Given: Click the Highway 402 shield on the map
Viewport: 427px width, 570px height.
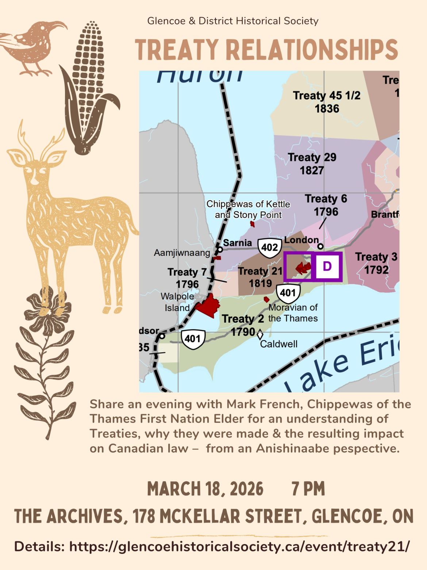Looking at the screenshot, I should (270, 248).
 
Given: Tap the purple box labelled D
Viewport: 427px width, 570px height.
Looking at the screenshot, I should (327, 266).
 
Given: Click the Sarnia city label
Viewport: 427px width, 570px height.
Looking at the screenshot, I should (237, 243).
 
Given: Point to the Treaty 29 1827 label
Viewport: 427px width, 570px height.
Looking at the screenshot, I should (312, 164).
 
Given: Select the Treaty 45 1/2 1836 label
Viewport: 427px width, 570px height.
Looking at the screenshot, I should (327, 102).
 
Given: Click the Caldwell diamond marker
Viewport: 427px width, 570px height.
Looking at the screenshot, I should (260, 335).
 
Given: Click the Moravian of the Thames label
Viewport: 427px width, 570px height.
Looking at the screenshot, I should (293, 313).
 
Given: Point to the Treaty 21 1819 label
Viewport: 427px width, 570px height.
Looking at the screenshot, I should (260, 277).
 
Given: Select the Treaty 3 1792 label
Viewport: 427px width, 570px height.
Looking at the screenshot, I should (376, 263).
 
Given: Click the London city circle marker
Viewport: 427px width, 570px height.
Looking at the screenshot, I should (320, 246).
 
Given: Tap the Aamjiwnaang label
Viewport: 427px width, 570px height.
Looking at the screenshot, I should (182, 253).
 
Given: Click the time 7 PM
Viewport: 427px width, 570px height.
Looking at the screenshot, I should (308, 489).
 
